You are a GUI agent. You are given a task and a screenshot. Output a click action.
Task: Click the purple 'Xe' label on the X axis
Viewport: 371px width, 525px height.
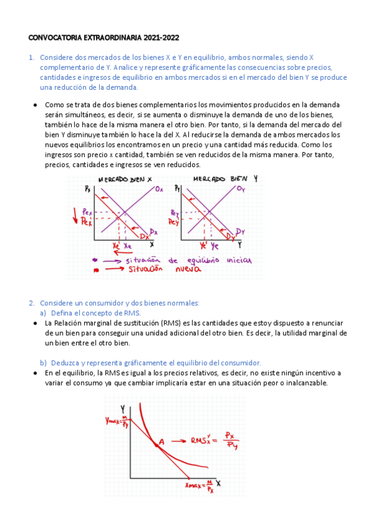tap(128, 246)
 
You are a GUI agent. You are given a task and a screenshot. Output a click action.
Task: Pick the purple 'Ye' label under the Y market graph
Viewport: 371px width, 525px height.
tap(215, 246)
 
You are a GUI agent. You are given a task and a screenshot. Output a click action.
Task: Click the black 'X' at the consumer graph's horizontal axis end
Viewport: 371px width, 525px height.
tap(218, 482)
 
